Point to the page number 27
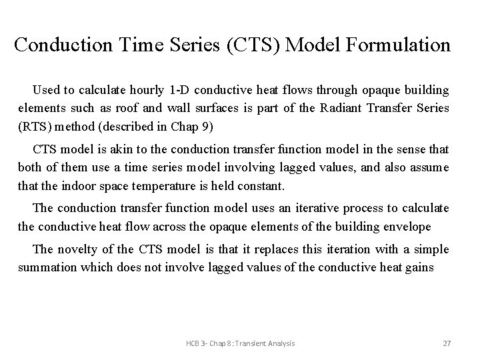click(447, 343)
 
